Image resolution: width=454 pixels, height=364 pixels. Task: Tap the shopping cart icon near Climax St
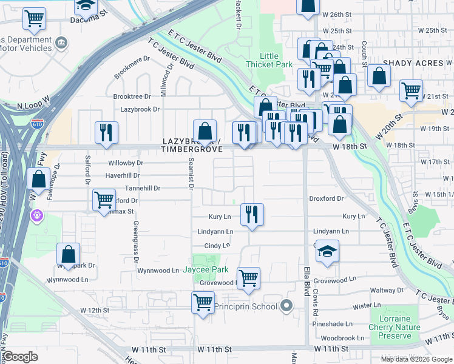coord(104,200)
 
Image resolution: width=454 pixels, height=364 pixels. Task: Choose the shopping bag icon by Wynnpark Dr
coord(68,254)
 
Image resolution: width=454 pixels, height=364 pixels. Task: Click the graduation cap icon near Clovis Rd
coord(327,252)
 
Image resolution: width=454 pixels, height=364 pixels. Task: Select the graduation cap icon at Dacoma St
coord(86,6)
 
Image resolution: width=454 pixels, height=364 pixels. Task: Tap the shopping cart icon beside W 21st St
coord(412,91)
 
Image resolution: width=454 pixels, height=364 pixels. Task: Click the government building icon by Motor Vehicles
coord(61,42)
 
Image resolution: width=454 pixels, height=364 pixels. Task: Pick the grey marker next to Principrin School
coord(287,306)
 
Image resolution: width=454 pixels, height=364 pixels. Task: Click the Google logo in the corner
coord(20,357)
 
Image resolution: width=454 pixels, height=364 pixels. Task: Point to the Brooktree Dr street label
coord(132,96)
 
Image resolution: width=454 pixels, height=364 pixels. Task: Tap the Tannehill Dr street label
coord(142,189)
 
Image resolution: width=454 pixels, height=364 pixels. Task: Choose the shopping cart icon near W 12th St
coord(203,302)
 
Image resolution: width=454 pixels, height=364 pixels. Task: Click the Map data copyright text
coord(416,359)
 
